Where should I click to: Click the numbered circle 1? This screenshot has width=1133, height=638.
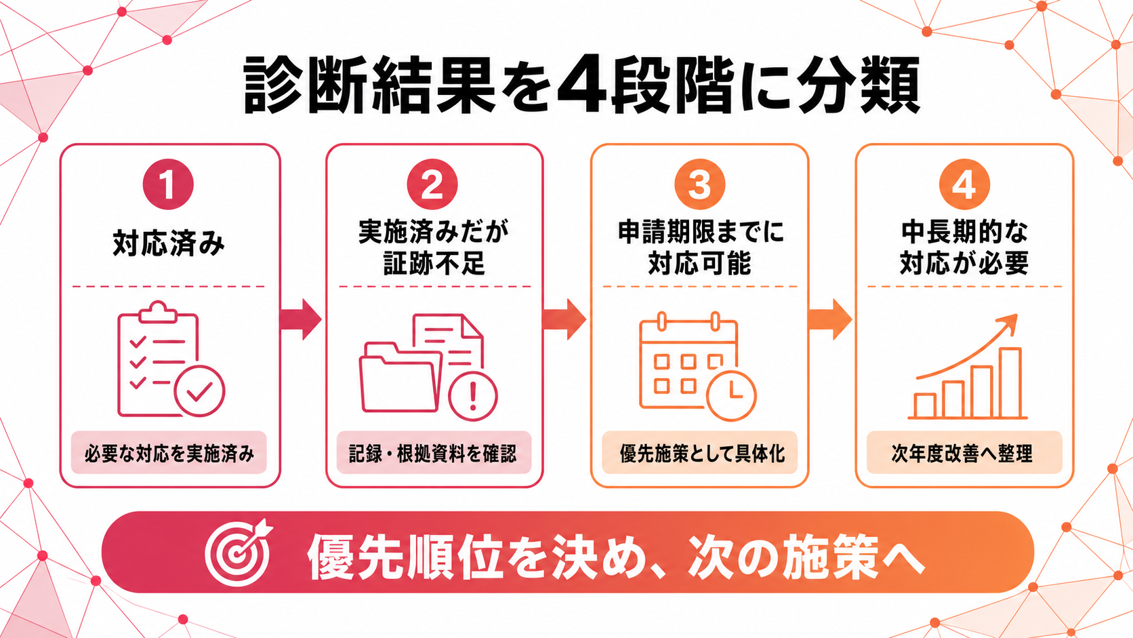tap(169, 184)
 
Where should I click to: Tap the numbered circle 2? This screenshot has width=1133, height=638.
tap(432, 184)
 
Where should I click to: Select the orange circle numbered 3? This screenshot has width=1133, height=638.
tap(700, 184)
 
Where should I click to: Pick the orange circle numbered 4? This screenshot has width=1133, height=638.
tap(964, 184)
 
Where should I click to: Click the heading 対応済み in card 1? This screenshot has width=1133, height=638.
tap(169, 244)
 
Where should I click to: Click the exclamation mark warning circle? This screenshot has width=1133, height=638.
tap(473, 397)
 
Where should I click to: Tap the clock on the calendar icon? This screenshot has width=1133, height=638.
tap(731, 396)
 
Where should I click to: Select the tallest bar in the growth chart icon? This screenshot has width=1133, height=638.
tap(1010, 382)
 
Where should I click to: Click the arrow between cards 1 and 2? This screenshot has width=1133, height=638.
tap(300, 319)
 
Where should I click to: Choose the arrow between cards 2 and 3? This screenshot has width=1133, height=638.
tap(565, 319)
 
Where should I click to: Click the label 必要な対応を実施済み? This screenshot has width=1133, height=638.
tap(169, 454)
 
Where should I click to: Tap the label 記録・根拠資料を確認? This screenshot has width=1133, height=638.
tap(433, 454)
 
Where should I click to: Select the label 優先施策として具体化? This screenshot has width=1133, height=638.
tap(701, 454)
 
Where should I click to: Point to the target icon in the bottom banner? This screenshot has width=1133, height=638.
tap(238, 553)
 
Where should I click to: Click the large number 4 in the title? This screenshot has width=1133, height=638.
tap(580, 85)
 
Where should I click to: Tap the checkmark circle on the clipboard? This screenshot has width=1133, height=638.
tap(200, 391)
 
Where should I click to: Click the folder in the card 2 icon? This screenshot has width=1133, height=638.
tap(400, 378)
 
